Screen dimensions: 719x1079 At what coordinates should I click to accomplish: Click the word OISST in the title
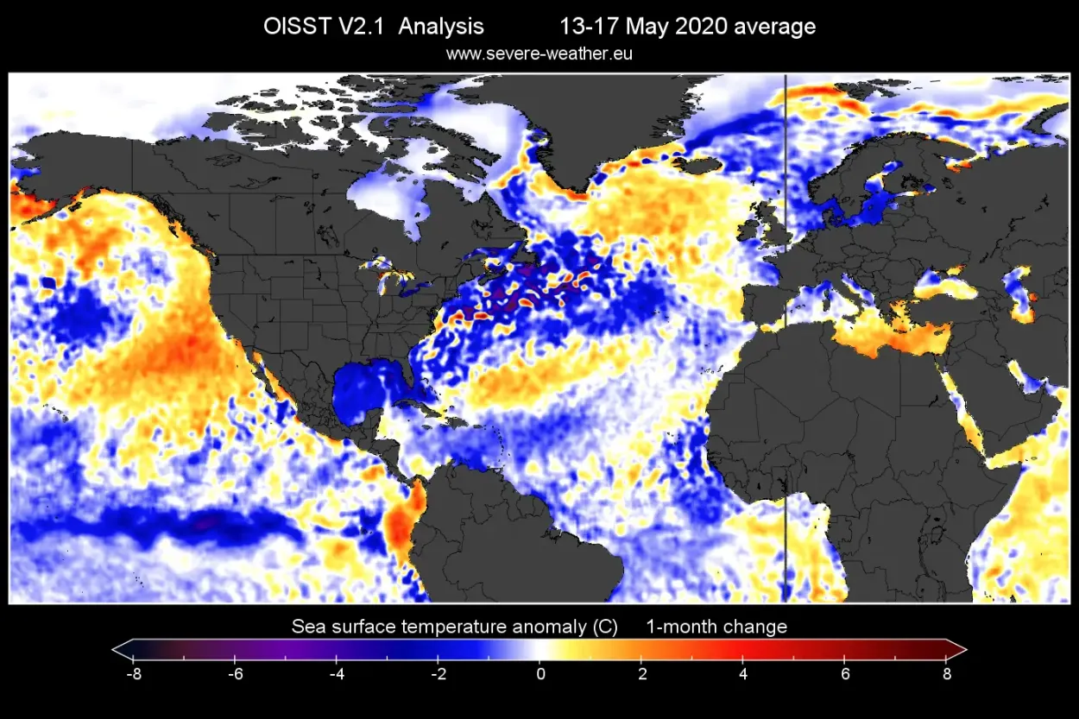point(294,27)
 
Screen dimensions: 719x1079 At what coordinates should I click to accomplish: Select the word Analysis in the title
point(441,27)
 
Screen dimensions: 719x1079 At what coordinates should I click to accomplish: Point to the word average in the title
point(774,27)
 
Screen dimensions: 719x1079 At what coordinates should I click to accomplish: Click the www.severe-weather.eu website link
point(539,54)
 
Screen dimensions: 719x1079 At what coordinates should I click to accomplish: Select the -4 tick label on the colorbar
point(336,673)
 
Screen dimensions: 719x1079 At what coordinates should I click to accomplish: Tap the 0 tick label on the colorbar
point(540,673)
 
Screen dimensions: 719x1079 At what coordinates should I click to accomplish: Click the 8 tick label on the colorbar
point(947,673)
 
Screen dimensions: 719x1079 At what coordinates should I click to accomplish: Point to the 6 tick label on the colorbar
point(846,673)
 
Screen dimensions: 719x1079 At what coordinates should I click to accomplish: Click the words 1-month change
point(716,627)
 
